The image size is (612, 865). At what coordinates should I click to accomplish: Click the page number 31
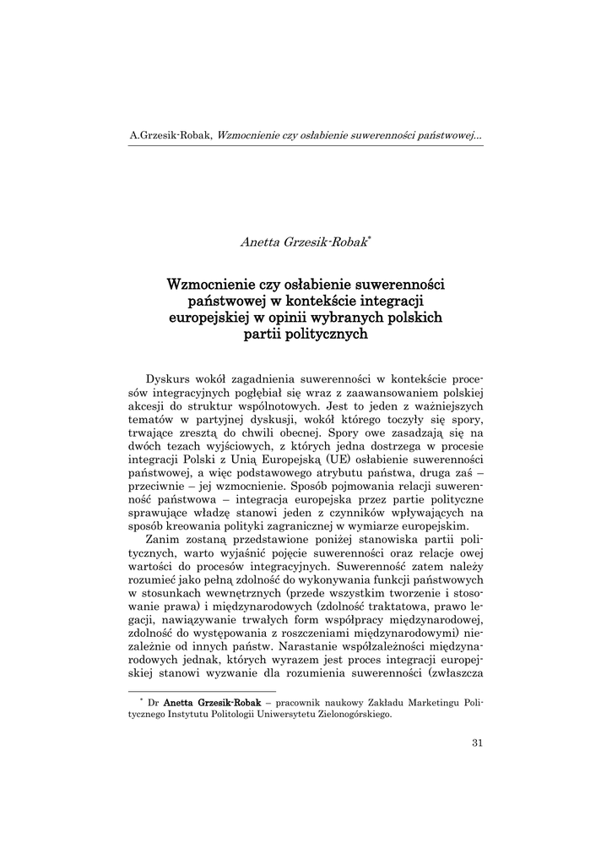(477, 743)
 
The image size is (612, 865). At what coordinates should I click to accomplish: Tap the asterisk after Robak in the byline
(370, 238)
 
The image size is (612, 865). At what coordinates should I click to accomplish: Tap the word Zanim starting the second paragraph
(164, 538)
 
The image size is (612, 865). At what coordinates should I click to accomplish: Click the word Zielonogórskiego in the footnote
(353, 714)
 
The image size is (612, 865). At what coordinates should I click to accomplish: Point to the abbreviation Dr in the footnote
(153, 702)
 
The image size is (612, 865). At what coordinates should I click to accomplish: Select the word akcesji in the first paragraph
(147, 405)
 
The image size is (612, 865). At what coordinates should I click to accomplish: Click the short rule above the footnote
(198, 691)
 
